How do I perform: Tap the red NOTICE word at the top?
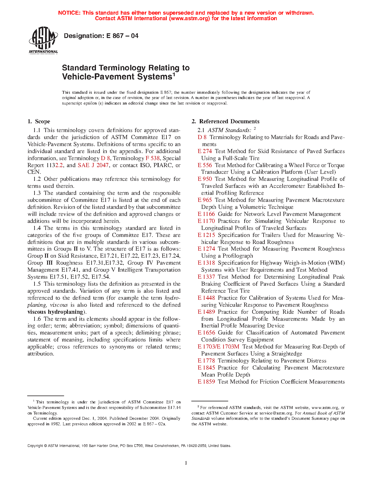coord(69,13)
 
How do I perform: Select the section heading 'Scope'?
coord(42,122)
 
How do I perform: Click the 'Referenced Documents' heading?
coord(229,122)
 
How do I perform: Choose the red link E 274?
coord(205,151)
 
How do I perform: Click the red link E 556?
coord(205,165)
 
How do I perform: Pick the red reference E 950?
coord(205,179)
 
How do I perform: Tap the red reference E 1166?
coord(206,214)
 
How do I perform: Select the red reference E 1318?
coord(206,263)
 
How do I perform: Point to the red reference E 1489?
coord(206,312)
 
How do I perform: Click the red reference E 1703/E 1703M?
coord(219,347)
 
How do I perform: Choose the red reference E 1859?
coord(206,382)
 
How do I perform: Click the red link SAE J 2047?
coord(93,165)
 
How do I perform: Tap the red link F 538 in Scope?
coord(152,158)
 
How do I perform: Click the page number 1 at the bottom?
coord(186,463)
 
